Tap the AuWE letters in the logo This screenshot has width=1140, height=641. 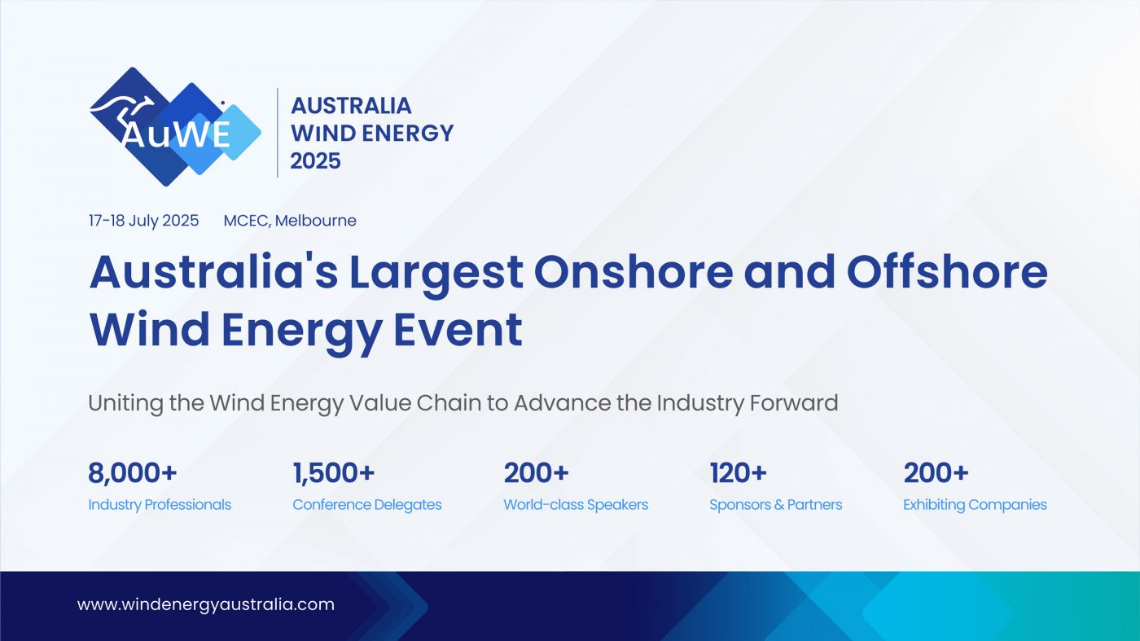point(176,135)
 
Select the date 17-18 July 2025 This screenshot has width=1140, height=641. point(143,221)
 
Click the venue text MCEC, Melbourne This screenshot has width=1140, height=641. point(290,221)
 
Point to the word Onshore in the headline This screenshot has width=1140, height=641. point(634,271)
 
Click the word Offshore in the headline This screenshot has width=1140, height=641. point(946,271)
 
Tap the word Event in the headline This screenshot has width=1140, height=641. point(458,329)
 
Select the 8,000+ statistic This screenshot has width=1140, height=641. point(132,473)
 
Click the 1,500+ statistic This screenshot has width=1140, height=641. point(334,473)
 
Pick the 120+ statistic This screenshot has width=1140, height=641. point(738,473)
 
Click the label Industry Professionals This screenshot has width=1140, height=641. point(160,504)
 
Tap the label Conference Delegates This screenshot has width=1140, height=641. point(367,504)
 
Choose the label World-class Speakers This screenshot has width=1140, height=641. point(576,504)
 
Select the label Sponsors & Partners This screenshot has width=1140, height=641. point(775,504)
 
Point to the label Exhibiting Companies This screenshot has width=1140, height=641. point(975,504)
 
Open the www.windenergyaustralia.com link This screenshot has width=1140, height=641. point(206,604)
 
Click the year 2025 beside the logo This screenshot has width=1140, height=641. point(316,161)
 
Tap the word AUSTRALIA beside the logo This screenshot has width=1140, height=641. point(351,106)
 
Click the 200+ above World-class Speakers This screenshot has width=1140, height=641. point(536,473)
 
